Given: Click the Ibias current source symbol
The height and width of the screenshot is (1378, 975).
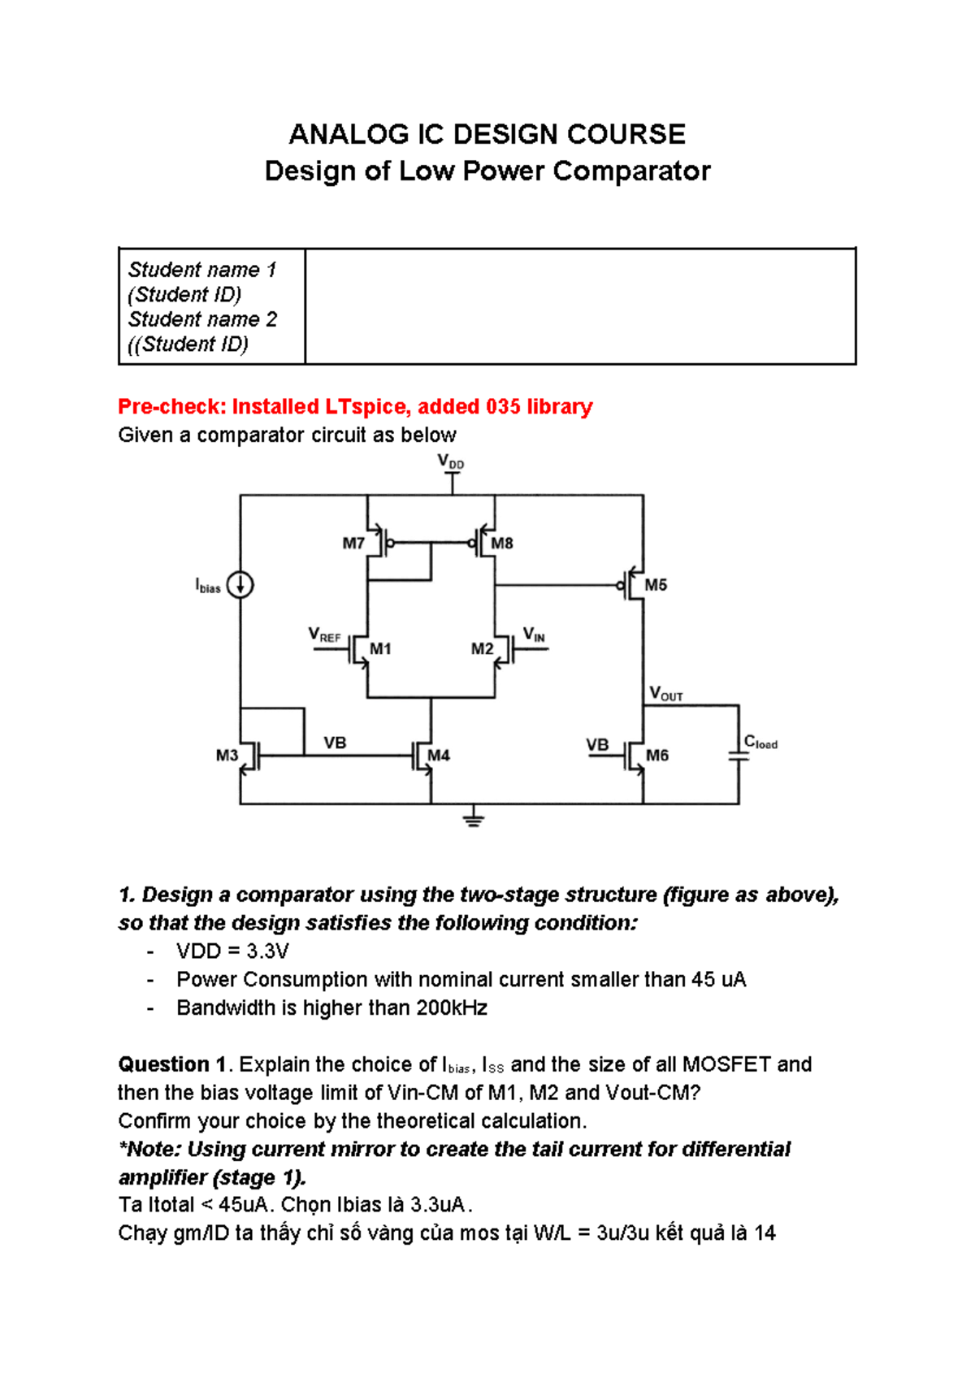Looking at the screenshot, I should [x=240, y=585].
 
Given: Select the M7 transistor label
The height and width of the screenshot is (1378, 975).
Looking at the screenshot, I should [x=353, y=544].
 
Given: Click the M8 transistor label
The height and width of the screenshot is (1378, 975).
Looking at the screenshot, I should [x=502, y=544].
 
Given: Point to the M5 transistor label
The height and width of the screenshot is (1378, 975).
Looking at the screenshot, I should [x=656, y=585].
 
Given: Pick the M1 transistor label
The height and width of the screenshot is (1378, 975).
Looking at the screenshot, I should [x=380, y=649].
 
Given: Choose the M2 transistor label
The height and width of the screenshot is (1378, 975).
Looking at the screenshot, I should [x=482, y=649].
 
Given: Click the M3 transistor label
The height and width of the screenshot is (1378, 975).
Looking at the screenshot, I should [x=227, y=756].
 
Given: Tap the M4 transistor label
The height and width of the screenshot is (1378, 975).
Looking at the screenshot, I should [x=439, y=756].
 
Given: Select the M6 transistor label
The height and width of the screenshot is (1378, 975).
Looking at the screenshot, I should [x=656, y=756].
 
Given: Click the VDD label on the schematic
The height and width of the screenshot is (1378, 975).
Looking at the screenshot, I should [x=451, y=463].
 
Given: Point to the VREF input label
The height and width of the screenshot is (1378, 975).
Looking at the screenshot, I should [x=324, y=635].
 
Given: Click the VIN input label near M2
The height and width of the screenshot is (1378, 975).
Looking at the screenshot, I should [x=534, y=635].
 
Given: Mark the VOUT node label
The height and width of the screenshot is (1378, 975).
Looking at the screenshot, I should [x=666, y=694].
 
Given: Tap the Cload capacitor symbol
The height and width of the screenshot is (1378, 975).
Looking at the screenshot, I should [x=739, y=756].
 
